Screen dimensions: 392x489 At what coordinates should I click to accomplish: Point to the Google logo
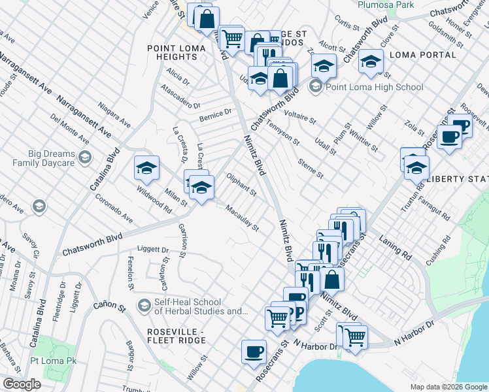(x=21, y=384)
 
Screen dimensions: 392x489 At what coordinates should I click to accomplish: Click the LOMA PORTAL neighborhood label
(x=417, y=55)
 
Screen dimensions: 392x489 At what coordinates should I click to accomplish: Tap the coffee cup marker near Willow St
(x=254, y=351)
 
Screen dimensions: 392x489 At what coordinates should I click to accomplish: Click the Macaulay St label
(x=242, y=219)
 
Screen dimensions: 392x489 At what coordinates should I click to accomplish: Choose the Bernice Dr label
(x=215, y=115)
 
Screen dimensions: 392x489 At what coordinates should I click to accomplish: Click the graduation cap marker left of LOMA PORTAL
(x=371, y=62)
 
